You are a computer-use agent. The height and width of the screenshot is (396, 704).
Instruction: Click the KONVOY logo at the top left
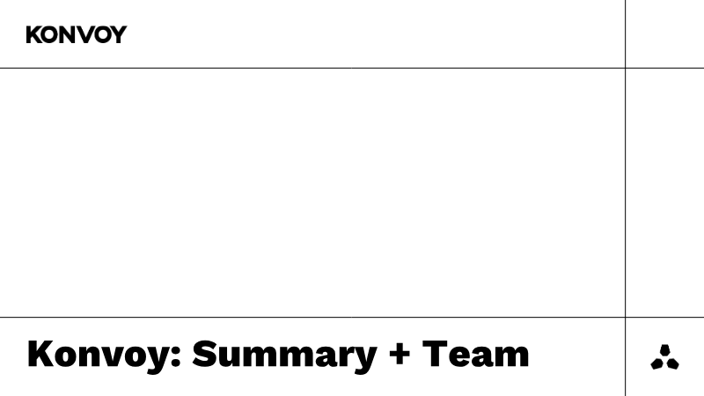[77, 34]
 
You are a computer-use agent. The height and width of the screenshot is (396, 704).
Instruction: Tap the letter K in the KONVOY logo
[34, 34]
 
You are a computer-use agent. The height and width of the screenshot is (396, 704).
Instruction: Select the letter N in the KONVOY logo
[70, 34]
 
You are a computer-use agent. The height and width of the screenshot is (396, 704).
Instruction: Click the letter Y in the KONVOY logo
[119, 34]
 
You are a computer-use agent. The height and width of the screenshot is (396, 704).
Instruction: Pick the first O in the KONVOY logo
[52, 34]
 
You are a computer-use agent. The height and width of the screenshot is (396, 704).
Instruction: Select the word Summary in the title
[284, 356]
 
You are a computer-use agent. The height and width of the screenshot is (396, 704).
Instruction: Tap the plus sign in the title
[400, 355]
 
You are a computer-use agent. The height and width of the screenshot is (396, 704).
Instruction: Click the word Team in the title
[476, 355]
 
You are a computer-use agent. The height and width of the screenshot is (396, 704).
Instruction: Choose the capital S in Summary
[206, 354]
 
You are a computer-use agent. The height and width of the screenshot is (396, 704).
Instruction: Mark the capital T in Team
[435, 354]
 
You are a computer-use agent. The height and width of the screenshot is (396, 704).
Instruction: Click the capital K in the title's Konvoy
[41, 354]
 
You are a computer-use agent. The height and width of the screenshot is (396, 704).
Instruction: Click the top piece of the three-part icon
[665, 350]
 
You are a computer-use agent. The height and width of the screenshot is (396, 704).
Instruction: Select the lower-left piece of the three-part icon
[657, 363]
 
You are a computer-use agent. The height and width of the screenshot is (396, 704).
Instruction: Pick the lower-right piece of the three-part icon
[672, 363]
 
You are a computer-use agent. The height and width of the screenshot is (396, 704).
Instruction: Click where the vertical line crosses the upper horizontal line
[626, 69]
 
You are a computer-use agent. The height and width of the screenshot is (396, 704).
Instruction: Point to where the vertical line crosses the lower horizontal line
[626, 318]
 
